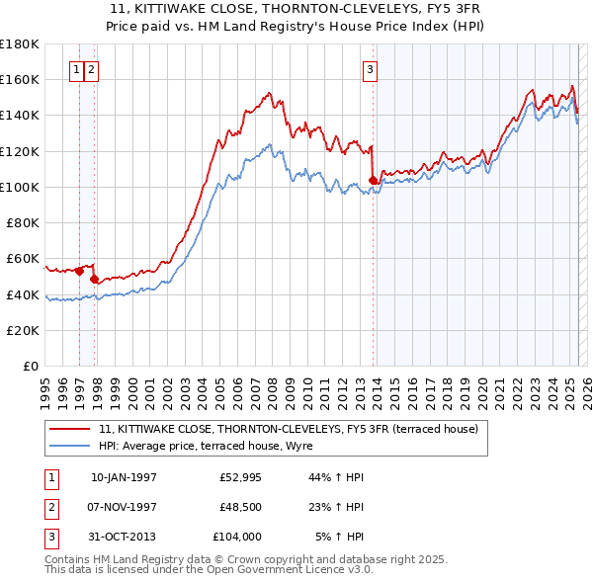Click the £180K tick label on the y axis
pos(20,43)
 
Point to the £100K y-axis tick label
pos(20,187)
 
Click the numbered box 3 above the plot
pos(369,69)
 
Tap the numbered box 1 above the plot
pos(76,69)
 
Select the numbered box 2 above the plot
pos(91,69)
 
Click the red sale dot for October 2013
pos(373,180)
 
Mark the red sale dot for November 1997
pos(94,280)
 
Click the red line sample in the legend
pos(71,429)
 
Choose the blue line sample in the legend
pos(71,447)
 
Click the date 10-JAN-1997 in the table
pos(124,477)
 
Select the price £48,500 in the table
pos(240,507)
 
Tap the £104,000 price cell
pos(237,537)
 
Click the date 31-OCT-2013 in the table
pos(124,537)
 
